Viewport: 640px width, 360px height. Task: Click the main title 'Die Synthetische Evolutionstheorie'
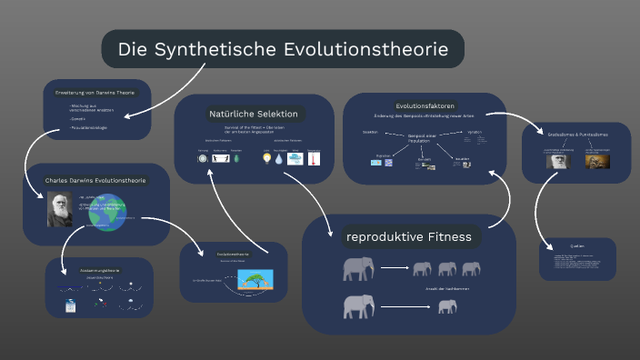coord(283,49)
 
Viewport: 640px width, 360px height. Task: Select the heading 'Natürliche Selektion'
coord(254,114)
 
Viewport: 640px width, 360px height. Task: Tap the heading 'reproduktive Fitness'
coord(408,237)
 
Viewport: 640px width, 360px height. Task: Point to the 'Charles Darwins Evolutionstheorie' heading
coord(95,180)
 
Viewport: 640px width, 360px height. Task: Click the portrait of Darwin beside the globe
coord(60,209)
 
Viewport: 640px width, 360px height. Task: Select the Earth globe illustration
coord(107,211)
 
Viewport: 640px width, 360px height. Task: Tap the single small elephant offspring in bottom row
coord(446,307)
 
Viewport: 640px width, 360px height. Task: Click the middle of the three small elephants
coord(446,269)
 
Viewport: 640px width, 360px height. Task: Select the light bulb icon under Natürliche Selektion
coord(267,158)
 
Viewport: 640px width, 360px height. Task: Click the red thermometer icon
coord(311,158)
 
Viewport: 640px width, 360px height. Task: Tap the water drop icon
coord(279,158)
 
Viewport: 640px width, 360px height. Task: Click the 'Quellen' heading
coord(577,245)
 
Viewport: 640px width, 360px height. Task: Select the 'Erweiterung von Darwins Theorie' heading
coord(95,92)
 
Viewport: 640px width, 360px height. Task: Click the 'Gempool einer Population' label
coord(419,139)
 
